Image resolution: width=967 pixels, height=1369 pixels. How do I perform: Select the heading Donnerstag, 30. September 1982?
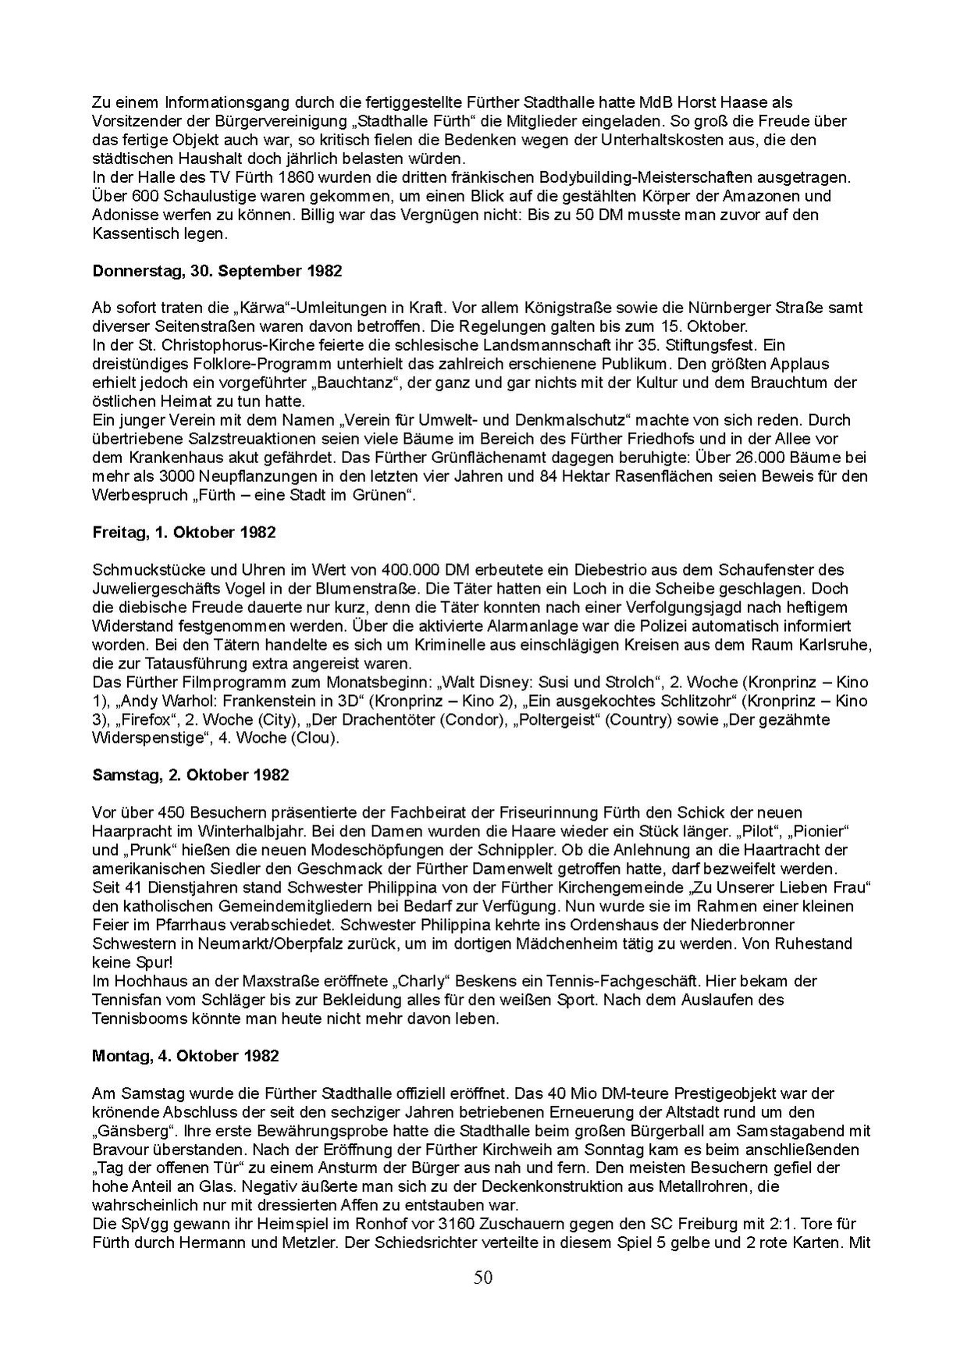(217, 271)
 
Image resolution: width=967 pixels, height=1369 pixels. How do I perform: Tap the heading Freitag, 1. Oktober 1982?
(183, 533)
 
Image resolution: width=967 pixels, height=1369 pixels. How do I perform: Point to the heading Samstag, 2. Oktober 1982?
(190, 775)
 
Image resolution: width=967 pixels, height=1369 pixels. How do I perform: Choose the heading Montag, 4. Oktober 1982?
(185, 1055)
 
